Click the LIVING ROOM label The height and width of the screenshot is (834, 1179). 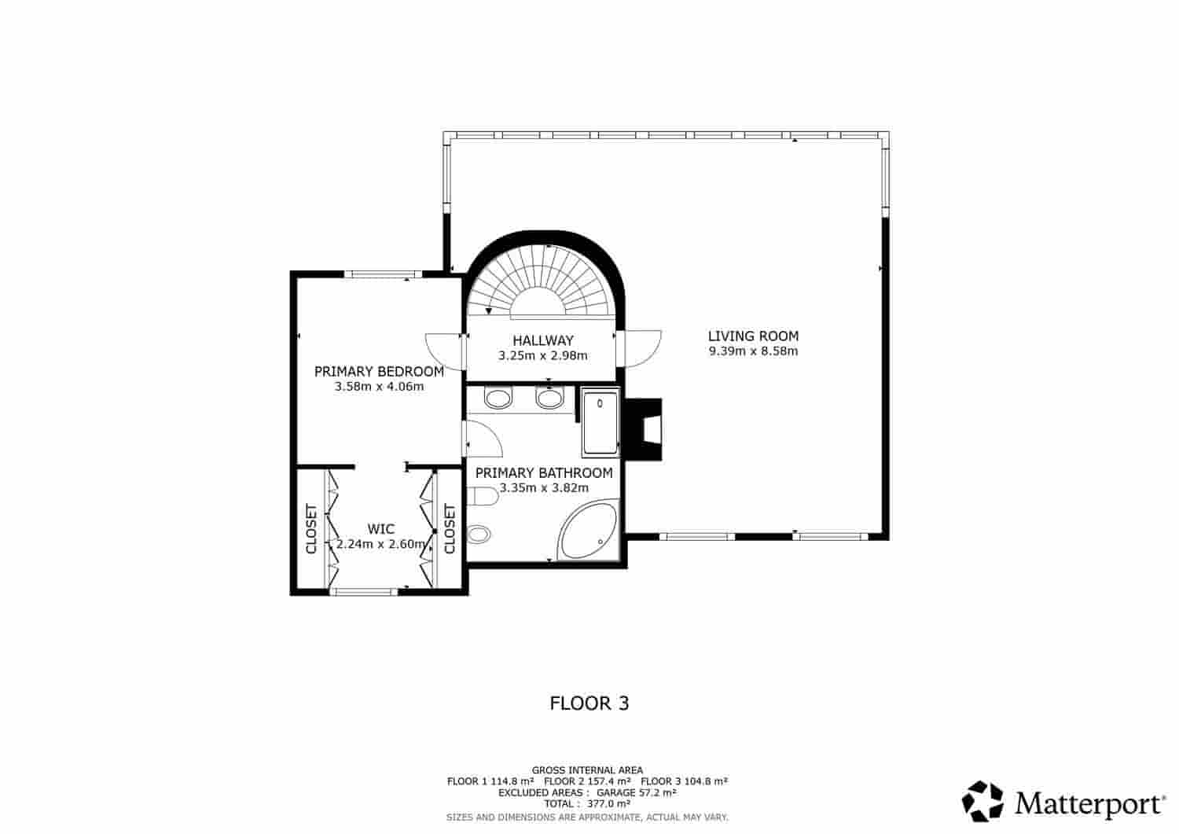click(x=753, y=336)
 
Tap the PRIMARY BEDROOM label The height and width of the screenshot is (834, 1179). click(x=379, y=372)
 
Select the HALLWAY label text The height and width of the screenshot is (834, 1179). click(x=543, y=341)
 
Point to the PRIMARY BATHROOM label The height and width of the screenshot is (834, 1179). click(x=544, y=473)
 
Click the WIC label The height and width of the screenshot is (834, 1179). click(x=381, y=529)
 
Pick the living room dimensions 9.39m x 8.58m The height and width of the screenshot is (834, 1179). click(x=753, y=351)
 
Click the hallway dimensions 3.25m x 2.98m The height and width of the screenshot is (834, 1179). click(x=543, y=356)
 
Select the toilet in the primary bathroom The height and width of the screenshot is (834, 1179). click(x=483, y=497)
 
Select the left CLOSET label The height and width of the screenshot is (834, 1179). click(x=311, y=528)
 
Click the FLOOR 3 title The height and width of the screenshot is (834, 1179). click(x=589, y=704)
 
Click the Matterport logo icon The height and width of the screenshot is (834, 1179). click(x=983, y=801)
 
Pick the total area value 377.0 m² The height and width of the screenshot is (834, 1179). click(x=609, y=804)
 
